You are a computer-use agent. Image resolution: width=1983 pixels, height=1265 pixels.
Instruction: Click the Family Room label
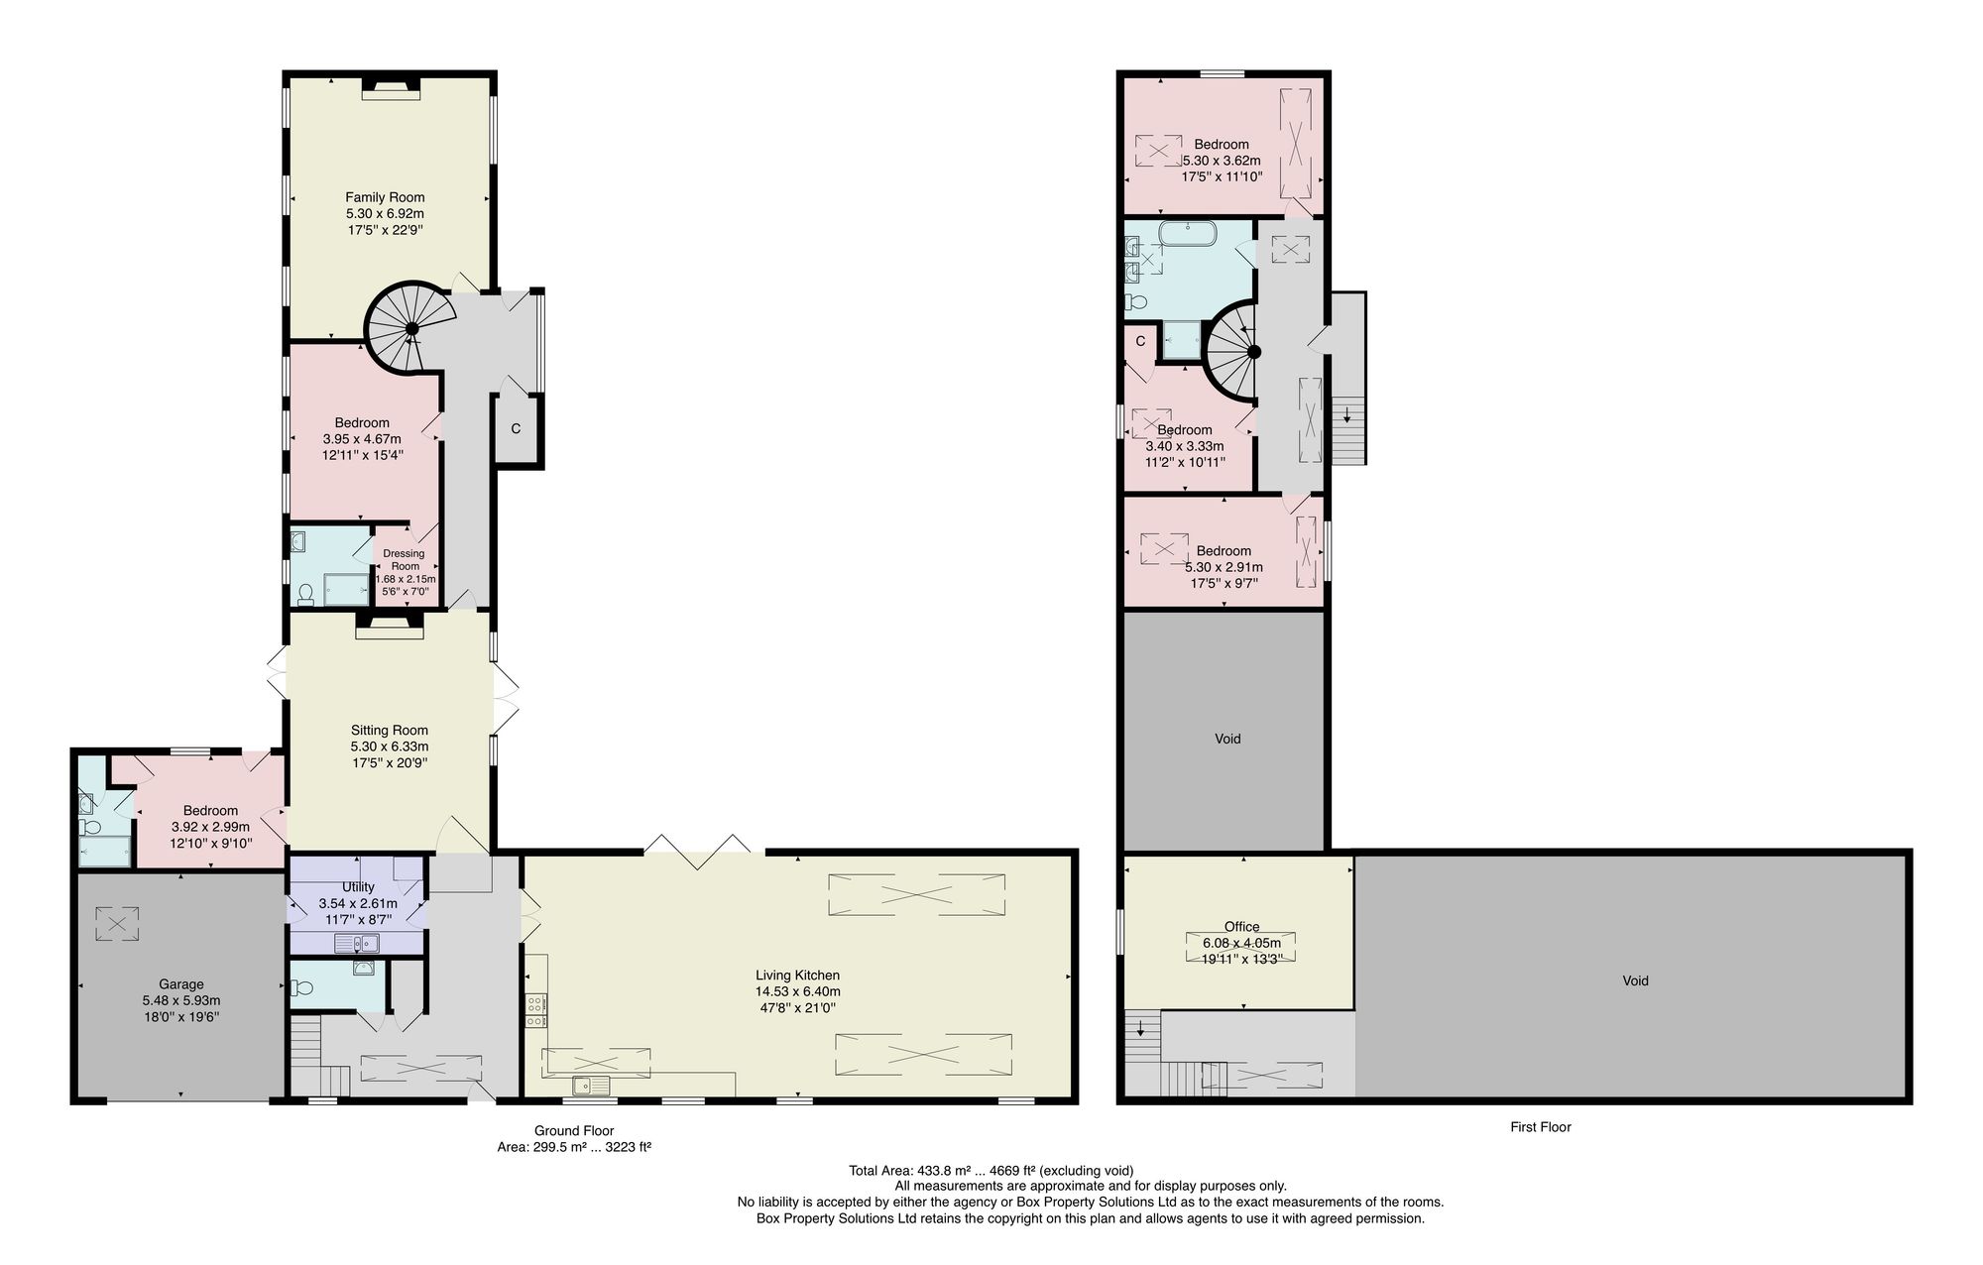(x=385, y=197)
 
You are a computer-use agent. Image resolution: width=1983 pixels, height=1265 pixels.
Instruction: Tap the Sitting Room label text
(x=389, y=731)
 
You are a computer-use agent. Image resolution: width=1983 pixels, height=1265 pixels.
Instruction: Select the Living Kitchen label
(x=797, y=976)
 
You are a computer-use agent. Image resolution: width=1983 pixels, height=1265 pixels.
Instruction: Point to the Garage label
(x=181, y=984)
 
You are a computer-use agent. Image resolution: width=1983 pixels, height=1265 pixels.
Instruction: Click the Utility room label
(x=358, y=887)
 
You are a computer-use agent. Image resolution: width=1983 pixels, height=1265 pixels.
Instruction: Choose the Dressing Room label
(x=405, y=560)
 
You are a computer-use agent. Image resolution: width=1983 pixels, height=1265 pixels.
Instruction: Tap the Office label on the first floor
(x=1241, y=927)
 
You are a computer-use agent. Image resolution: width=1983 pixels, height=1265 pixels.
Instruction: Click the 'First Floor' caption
(x=1541, y=1127)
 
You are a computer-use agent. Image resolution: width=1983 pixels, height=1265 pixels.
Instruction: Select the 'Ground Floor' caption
(x=574, y=1130)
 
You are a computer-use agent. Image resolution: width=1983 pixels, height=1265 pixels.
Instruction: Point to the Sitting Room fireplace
(x=389, y=621)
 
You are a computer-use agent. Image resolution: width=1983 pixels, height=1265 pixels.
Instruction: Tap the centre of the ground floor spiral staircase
(x=411, y=329)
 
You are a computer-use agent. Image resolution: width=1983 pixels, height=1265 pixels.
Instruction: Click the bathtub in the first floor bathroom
(x=1188, y=235)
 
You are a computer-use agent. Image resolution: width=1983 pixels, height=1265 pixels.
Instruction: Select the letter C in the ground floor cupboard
(x=516, y=429)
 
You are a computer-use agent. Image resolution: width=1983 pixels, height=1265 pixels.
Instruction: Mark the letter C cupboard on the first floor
(x=1140, y=341)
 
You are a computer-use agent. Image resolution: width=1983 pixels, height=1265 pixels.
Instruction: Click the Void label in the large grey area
(x=1635, y=980)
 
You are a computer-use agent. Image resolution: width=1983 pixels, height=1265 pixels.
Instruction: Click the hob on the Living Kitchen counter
(x=535, y=1009)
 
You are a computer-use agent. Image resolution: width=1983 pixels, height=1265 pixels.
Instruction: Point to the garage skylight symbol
(x=117, y=923)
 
